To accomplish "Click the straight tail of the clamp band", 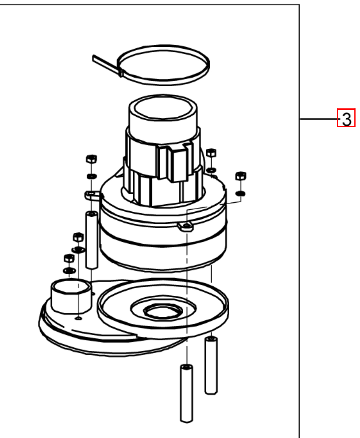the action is click(106, 64).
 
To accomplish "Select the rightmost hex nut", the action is click(241, 176).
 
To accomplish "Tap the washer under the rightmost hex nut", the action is click(241, 193).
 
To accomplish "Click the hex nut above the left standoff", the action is click(91, 159).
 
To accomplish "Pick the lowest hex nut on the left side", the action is click(69, 258).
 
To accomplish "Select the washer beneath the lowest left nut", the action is click(69, 270).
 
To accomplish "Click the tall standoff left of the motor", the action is click(91, 240).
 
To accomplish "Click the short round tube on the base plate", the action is click(71, 296).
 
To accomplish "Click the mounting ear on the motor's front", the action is click(186, 226).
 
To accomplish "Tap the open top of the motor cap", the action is click(163, 108).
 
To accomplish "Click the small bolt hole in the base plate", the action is click(78, 318).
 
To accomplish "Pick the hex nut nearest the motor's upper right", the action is click(211, 153).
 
